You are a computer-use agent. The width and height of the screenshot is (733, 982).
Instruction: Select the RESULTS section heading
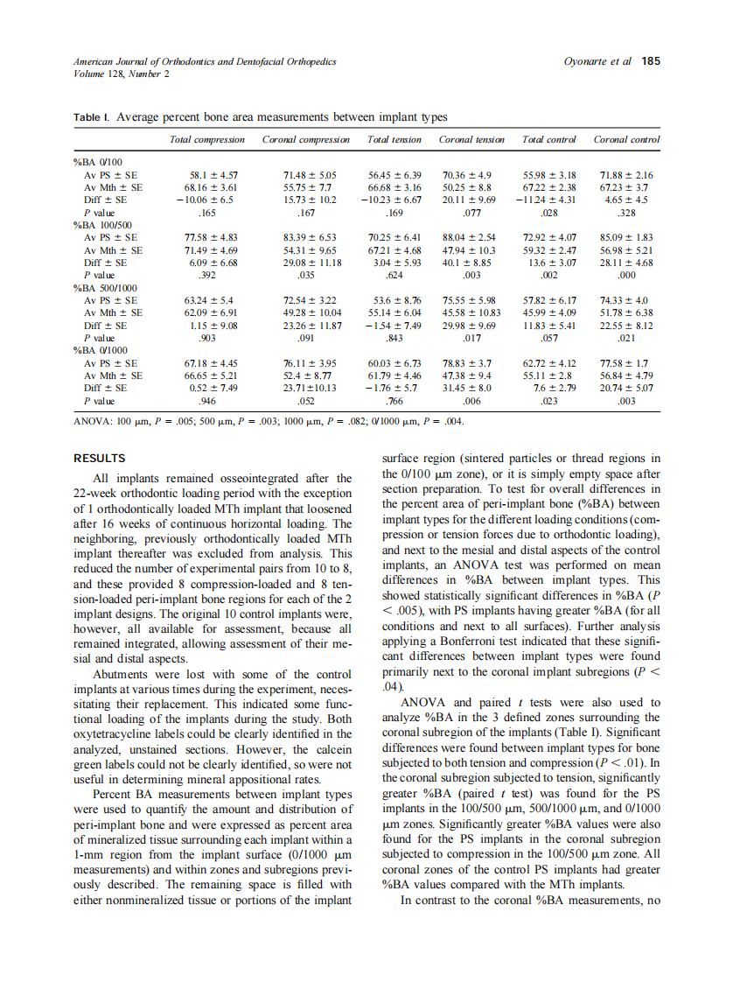(99, 458)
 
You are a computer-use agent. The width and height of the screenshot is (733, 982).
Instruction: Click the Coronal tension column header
(471, 139)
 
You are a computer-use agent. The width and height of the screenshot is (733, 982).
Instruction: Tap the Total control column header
(548, 139)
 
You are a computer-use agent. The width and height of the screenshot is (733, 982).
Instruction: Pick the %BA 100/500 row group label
(99, 225)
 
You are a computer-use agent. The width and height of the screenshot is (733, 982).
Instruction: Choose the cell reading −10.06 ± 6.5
(204, 200)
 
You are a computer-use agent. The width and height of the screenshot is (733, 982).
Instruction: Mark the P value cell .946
(207, 401)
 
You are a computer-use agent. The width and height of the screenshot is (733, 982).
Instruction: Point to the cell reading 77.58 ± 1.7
(626, 362)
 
